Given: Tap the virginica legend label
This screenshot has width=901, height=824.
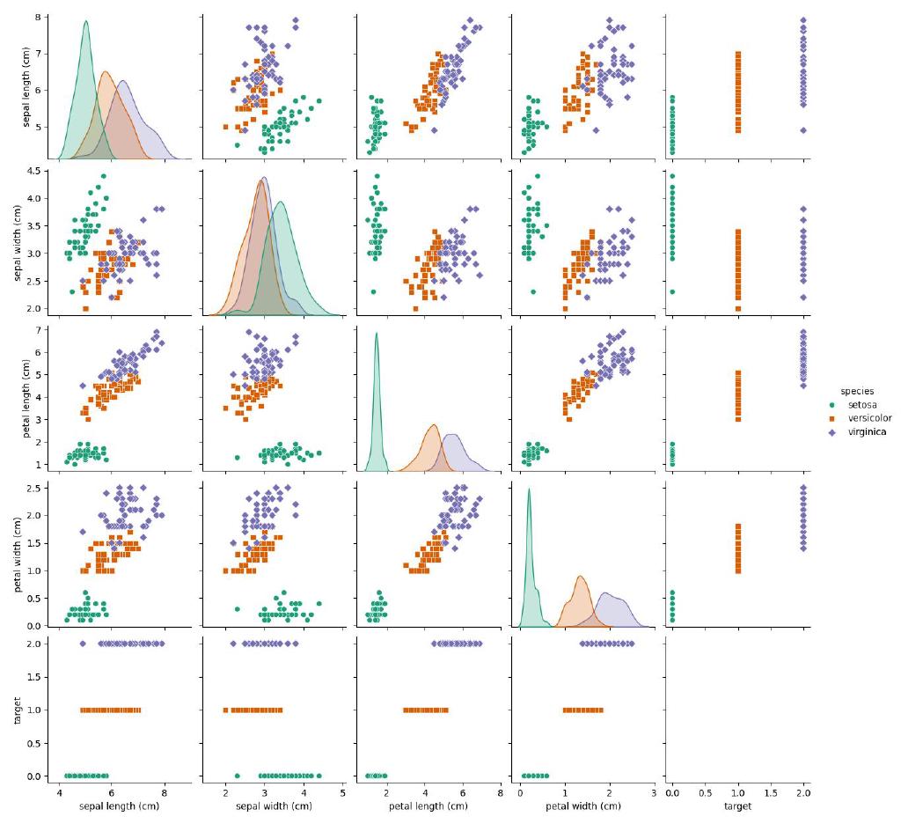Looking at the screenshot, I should pos(866,432).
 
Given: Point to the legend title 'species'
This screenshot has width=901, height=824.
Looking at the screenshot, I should pos(856,390).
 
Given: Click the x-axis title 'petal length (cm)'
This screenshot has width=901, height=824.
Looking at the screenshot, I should pos(428,806).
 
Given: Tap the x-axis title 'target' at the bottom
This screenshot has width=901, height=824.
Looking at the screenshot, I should pos(737,806).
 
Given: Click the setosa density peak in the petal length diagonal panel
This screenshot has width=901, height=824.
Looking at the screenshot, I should pos(377,333).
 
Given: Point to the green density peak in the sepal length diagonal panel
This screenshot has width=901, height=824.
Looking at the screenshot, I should pos(85,22).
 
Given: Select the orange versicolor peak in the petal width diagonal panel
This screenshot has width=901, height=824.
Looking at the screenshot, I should pos(581,577).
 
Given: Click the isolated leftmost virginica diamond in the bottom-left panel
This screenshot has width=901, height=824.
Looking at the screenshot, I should pos(83,644).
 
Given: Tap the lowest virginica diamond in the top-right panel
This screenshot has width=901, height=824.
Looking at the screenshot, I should pos(802,129).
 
